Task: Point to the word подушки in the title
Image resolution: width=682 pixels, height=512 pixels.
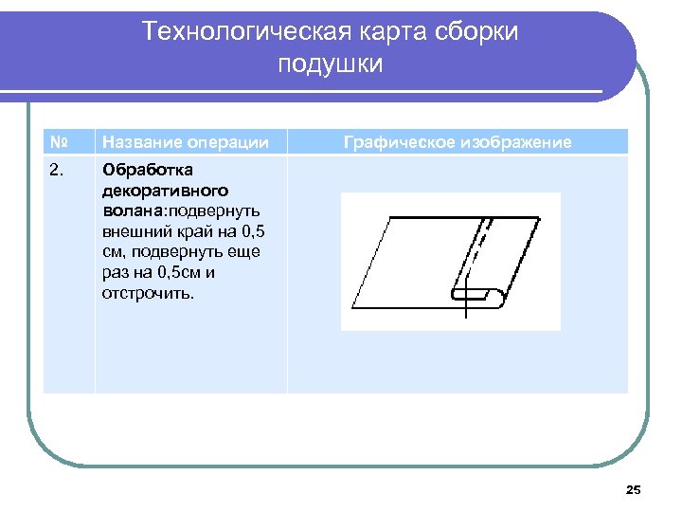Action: [331, 64]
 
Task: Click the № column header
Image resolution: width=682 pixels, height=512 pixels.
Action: [59, 142]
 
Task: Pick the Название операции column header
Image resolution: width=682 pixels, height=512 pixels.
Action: [185, 142]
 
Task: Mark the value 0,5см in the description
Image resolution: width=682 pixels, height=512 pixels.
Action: [177, 273]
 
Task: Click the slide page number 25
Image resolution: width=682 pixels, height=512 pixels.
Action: [634, 489]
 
